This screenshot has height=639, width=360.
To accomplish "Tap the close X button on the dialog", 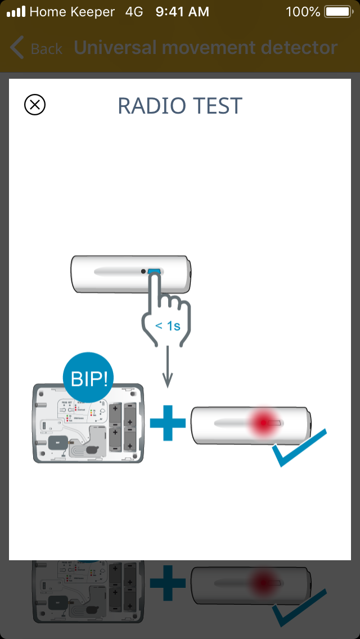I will tap(35, 105).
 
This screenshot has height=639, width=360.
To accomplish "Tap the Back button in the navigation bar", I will tap(36, 48).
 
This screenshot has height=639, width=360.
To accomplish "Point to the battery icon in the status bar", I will tap(337, 11).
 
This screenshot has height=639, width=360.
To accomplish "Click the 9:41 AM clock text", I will tap(182, 11).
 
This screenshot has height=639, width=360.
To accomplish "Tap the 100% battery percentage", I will tap(303, 11).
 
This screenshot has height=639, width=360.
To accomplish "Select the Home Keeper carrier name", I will tap(72, 11).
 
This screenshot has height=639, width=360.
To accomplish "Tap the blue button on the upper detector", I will tap(154, 272).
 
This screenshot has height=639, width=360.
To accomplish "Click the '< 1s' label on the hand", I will tap(168, 326).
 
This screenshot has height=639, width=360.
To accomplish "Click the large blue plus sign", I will tap(168, 421).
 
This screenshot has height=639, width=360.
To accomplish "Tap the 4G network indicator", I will tap(134, 11).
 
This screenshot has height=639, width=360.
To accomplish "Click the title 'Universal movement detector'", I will tap(205, 48).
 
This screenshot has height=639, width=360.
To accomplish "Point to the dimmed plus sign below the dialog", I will tap(168, 583).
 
